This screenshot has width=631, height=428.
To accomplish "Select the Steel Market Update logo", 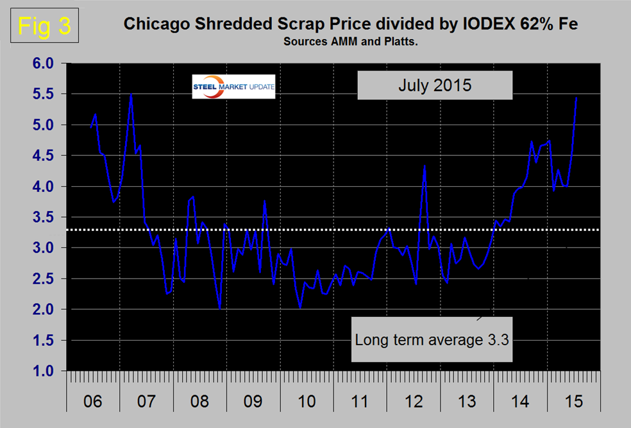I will (233, 87).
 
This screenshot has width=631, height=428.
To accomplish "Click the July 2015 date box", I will (434, 85).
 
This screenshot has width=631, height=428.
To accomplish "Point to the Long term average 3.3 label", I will (432, 339).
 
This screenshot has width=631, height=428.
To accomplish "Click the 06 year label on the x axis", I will (93, 402).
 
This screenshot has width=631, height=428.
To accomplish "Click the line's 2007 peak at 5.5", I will (131, 94).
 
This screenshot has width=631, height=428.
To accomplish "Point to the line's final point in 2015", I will (576, 98).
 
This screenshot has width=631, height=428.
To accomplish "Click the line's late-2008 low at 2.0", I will (220, 309).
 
